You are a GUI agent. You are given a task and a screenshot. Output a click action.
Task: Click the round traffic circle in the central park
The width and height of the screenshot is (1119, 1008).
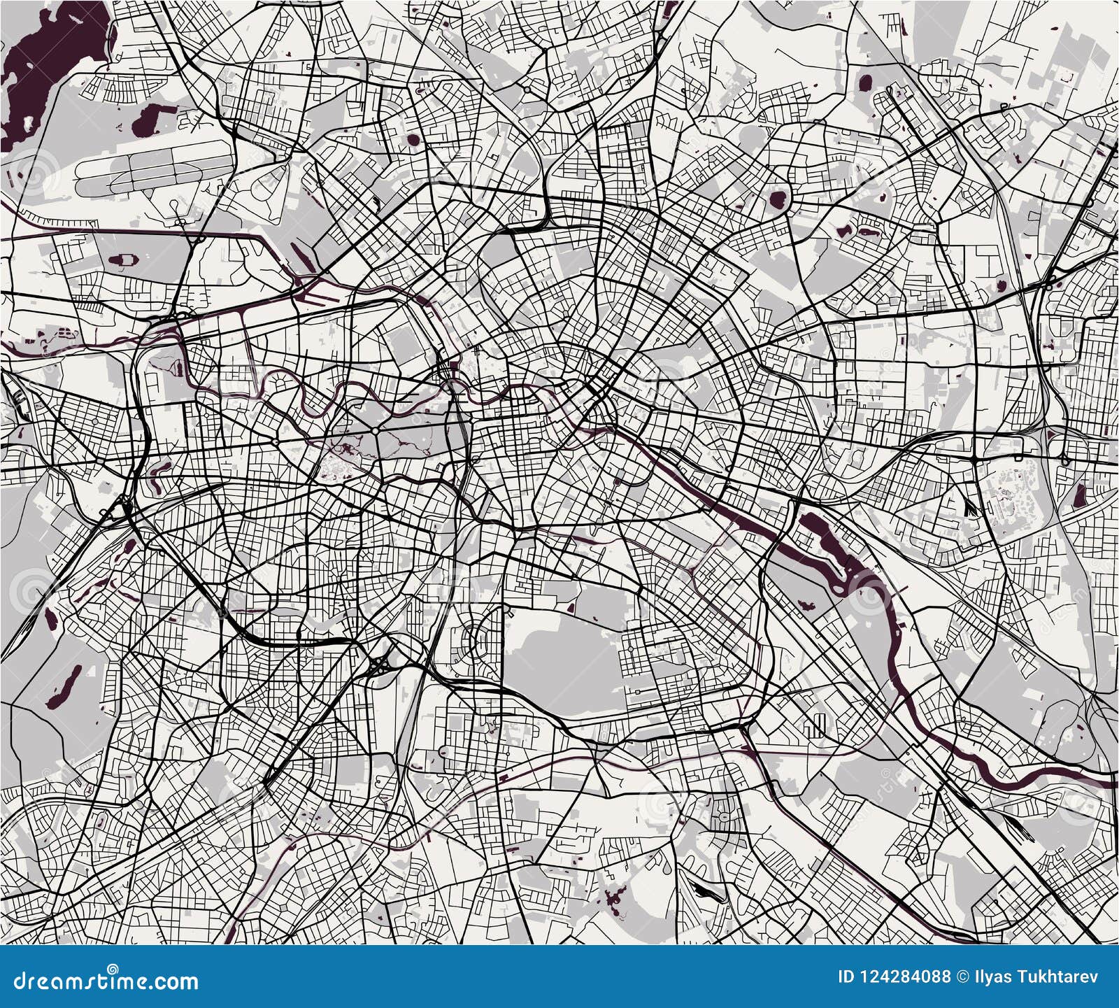click(376, 432)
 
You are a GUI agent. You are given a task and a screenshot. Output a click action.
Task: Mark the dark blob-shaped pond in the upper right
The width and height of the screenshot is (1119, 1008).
click(777, 199)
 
